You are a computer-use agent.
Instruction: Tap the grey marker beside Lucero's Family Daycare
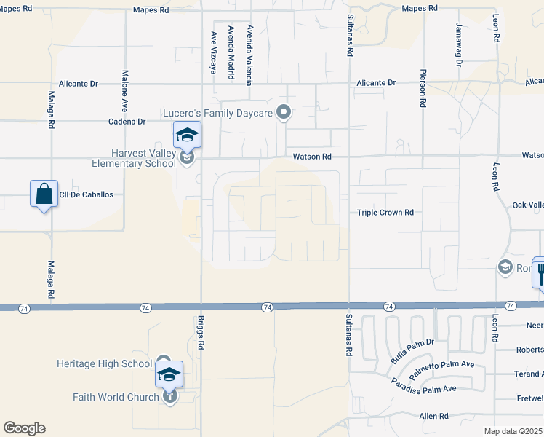[284, 112]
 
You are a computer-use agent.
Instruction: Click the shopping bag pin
[44, 194]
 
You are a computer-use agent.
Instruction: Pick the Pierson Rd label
[423, 88]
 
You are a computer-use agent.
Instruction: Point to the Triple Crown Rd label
[385, 213]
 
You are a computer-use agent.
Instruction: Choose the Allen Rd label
[433, 416]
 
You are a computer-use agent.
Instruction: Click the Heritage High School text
[105, 363]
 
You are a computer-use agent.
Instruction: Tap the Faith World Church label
[116, 397]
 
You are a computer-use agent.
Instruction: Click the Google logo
[24, 428]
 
